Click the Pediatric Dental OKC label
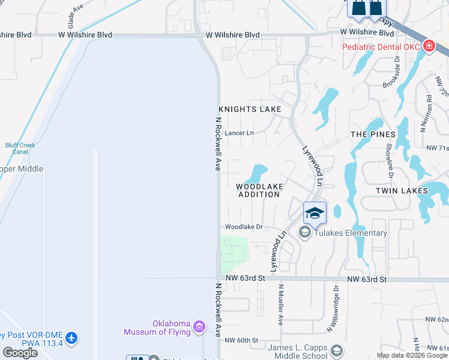[381, 47]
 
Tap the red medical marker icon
[429, 46]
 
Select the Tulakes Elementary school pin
[305, 233]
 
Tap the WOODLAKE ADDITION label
[259, 190]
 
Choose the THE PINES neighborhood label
[373, 134]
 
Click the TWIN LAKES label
[402, 191]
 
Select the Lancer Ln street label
[240, 133]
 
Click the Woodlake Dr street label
[244, 227]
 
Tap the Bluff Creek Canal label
[21, 148]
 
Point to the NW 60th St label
[241, 340]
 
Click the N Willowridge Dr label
[334, 308]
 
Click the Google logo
[20, 353]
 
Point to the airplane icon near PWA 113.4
[72, 338]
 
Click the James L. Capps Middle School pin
[337, 351]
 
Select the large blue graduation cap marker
[315, 212]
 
